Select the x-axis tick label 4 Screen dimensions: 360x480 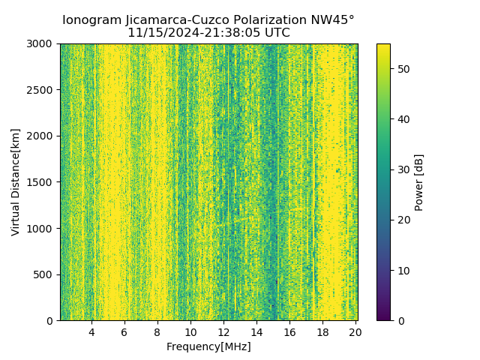[91, 331]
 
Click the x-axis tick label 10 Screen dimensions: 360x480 [190, 331]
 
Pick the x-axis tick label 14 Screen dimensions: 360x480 [256, 331]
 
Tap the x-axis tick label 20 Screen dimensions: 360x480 [355, 331]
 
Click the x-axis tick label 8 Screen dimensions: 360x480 [157, 331]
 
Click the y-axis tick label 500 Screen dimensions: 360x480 [43, 274]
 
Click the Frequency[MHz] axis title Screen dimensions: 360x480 [208, 346]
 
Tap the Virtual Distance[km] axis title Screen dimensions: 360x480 [16, 181]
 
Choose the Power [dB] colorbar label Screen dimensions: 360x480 [419, 182]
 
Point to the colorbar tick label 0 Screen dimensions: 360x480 [399, 320]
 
